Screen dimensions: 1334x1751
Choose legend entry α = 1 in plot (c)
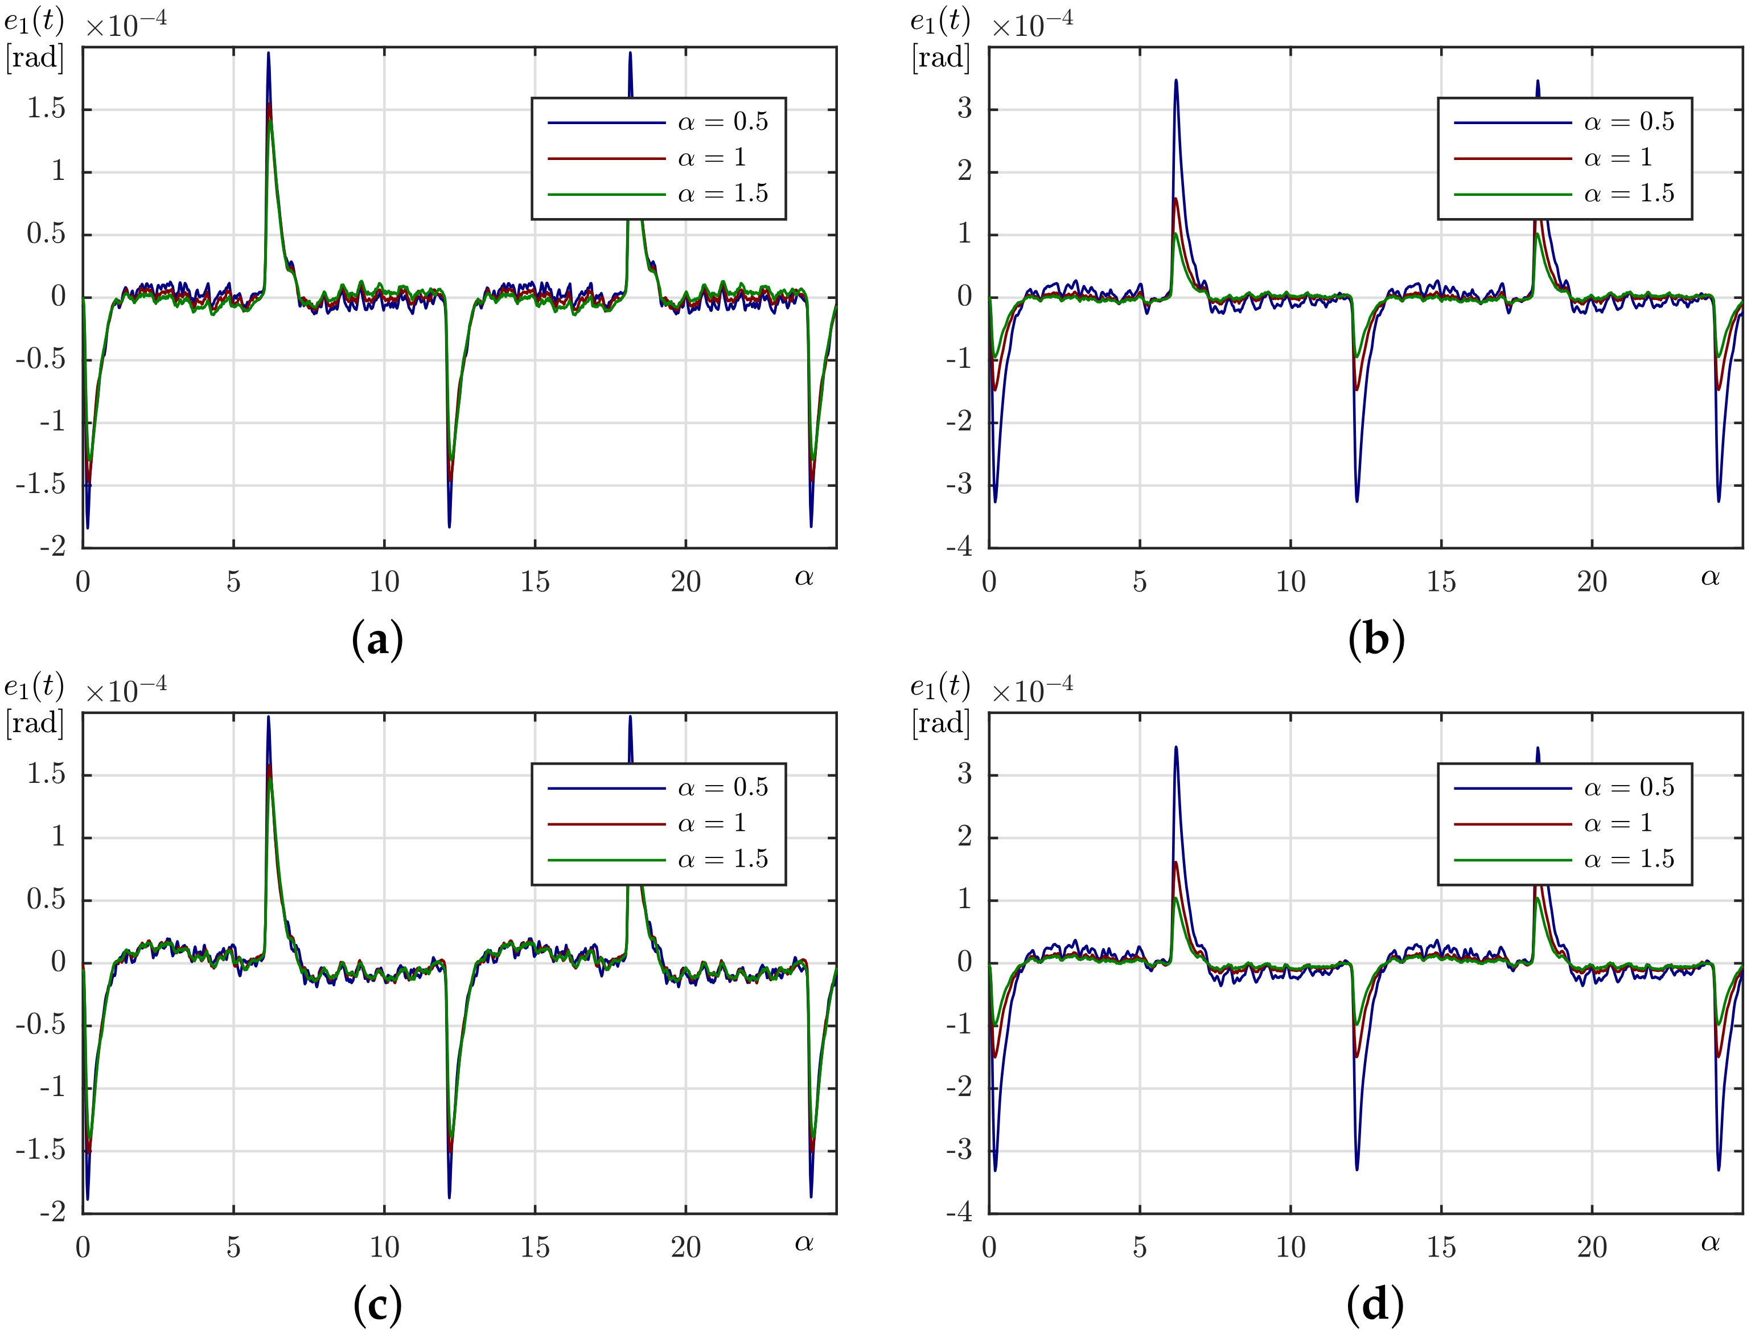[x=711, y=823]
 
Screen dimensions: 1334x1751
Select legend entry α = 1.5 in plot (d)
[x=1629, y=860]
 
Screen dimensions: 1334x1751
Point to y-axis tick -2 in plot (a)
[x=53, y=547]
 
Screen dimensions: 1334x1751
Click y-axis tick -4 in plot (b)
[x=960, y=547]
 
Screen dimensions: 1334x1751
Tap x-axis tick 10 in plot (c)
[x=384, y=1247]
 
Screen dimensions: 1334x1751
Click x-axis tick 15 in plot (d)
[x=1441, y=1247]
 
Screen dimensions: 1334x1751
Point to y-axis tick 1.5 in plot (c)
[x=46, y=774]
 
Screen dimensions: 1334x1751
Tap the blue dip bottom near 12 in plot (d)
[x=1357, y=1169]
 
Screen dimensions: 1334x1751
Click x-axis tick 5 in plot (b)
[x=1140, y=582]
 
